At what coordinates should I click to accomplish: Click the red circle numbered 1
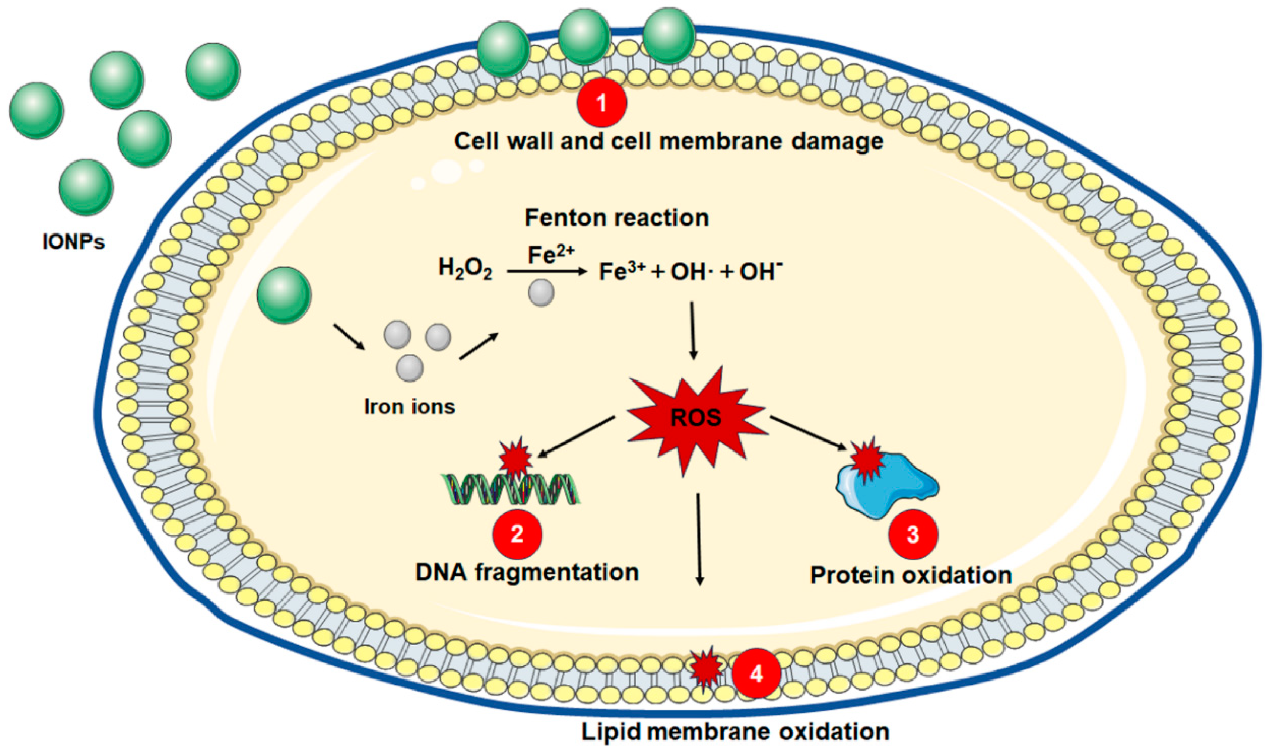tap(601, 102)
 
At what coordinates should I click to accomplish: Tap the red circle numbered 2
tap(517, 534)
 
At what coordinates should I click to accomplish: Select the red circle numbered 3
tap(913, 534)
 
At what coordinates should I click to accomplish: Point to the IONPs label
tap(74, 242)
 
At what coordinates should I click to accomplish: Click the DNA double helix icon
tap(511, 488)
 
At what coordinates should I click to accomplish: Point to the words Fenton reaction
tap(617, 218)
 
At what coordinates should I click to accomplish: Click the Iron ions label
tap(410, 406)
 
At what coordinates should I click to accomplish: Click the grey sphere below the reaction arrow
tap(541, 293)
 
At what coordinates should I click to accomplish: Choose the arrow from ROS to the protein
tap(809, 433)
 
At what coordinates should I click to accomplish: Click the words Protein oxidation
tap(910, 575)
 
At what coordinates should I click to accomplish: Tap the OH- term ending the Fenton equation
tap(760, 272)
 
